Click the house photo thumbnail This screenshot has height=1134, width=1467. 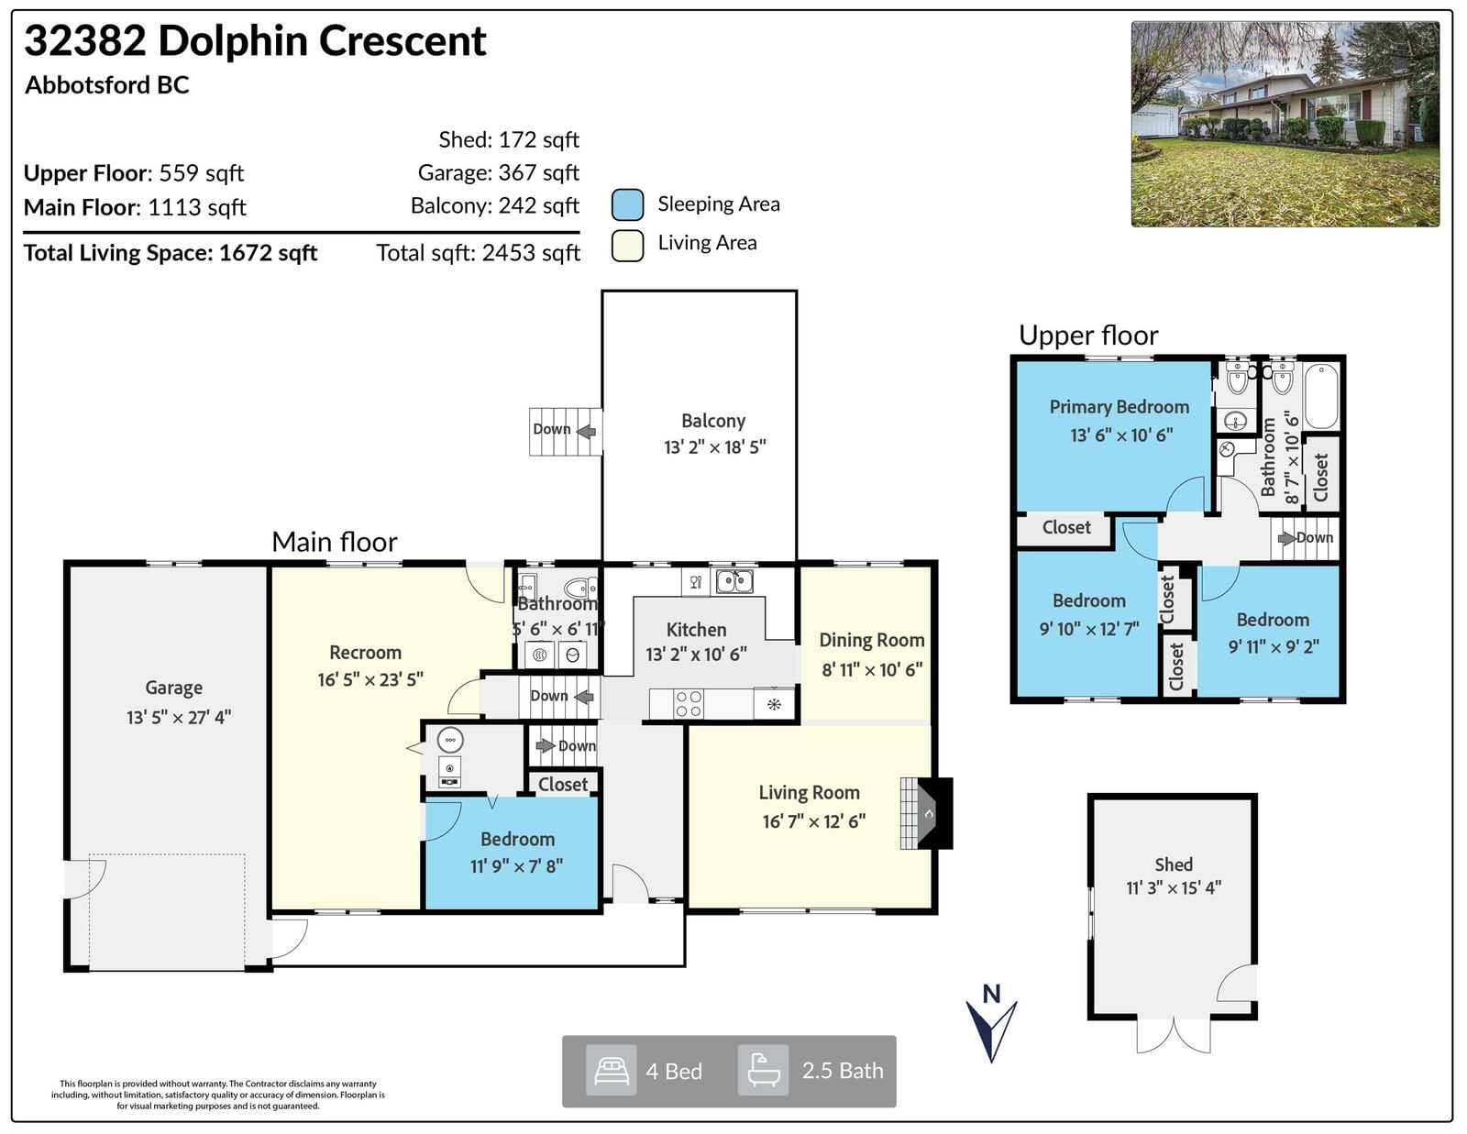click(x=1285, y=124)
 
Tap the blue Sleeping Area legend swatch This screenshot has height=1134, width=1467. click(x=627, y=204)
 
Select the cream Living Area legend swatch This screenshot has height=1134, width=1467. click(x=627, y=245)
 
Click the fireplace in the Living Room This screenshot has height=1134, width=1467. click(x=926, y=813)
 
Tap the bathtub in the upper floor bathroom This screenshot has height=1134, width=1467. click(x=1321, y=395)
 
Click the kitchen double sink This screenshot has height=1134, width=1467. click(x=733, y=581)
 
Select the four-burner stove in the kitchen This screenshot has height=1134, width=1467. click(x=689, y=703)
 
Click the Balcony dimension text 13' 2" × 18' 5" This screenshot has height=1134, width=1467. click(x=714, y=446)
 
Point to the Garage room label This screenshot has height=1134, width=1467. click(x=173, y=688)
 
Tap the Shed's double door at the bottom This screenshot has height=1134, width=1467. click(x=1174, y=1035)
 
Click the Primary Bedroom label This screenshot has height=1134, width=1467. click(x=1119, y=407)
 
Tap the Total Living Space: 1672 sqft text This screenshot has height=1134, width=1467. click(x=171, y=253)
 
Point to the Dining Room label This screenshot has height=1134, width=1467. click(x=872, y=640)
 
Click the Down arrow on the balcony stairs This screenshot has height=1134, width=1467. click(x=586, y=431)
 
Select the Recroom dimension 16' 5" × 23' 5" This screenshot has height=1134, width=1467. click(x=370, y=679)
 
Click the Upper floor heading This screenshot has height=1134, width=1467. click(x=1088, y=336)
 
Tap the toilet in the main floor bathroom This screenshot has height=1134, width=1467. click(x=580, y=588)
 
